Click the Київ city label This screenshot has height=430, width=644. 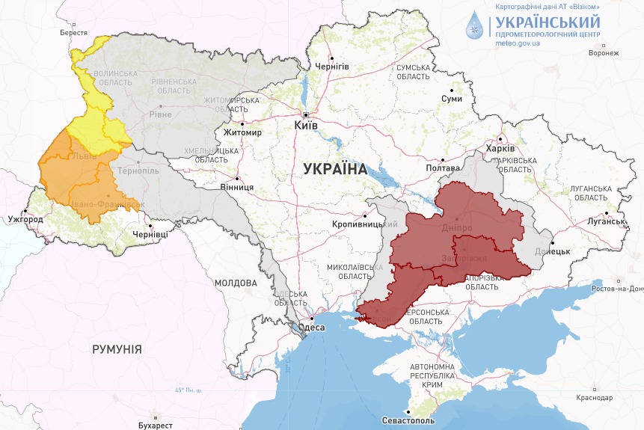(x=306, y=126)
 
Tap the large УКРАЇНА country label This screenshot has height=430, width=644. (x=336, y=169)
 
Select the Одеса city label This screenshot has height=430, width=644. (x=311, y=328)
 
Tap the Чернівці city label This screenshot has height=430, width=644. (x=150, y=235)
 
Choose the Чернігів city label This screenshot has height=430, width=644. (x=332, y=67)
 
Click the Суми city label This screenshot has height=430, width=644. (x=452, y=99)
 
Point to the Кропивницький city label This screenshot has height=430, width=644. (x=365, y=224)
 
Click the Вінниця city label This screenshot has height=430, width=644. (x=238, y=188)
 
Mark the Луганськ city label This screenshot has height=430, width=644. (x=606, y=221)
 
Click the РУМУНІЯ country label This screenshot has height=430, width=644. (x=117, y=349)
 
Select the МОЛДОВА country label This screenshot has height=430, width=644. (x=236, y=283)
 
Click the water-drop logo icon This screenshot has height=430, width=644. (x=474, y=24)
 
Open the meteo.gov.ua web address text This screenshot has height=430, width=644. (x=518, y=43)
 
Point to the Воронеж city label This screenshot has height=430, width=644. (x=604, y=53)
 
